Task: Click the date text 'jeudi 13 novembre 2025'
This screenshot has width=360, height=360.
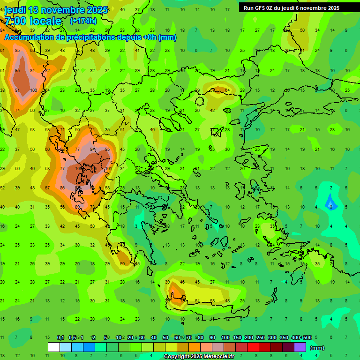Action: coord(56,10)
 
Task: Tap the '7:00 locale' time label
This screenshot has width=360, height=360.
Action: coord(33,21)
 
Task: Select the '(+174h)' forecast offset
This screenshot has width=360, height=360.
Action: coord(84,21)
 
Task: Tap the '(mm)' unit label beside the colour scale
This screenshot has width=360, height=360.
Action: coord(317,348)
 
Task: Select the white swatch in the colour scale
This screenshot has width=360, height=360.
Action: coord(53,347)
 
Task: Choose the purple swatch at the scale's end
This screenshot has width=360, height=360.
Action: coord(300,347)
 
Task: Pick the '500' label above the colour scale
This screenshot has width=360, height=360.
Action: coord(307,337)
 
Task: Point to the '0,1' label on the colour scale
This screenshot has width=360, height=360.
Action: coord(60,337)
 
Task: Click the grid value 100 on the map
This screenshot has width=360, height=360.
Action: coord(33,90)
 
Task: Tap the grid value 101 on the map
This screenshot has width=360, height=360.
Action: coord(109,169)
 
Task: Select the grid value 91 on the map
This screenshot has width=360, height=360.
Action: coord(18,90)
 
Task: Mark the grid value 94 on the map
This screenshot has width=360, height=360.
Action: coord(93,150)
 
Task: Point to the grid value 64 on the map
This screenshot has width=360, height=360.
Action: coord(227,90)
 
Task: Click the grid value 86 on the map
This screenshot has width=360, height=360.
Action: coord(63,187)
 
